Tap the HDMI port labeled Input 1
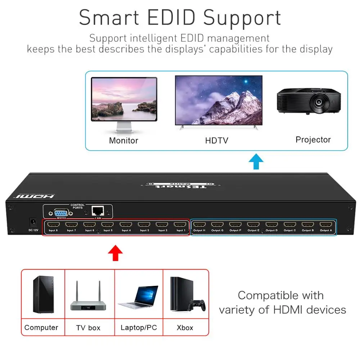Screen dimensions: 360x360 pyautogui.click(x=180, y=225)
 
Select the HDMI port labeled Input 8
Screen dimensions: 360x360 pyautogui.click(x=53, y=225)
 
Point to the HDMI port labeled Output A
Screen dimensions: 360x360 pyautogui.click(x=325, y=225)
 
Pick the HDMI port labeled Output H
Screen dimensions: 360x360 pyautogui.click(x=199, y=225)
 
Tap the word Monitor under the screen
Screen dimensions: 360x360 pyautogui.click(x=123, y=140)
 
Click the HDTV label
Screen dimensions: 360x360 pyautogui.click(x=217, y=140)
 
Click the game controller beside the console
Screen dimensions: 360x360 pyautogui.click(x=198, y=305)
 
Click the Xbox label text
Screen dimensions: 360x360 pyautogui.click(x=185, y=328)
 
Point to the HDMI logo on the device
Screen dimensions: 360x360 pyautogui.click(x=35, y=196)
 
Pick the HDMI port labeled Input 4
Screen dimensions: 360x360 pyautogui.click(x=126, y=225)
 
